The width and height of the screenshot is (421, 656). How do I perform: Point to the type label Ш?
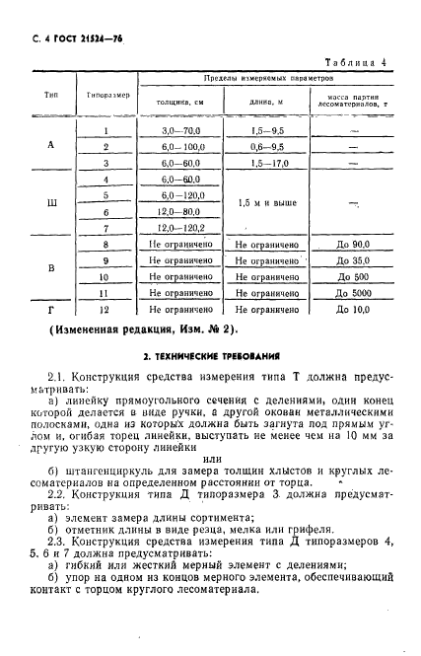point(51,203)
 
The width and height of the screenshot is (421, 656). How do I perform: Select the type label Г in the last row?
point(51,310)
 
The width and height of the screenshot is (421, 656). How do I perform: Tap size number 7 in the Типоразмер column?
point(105,228)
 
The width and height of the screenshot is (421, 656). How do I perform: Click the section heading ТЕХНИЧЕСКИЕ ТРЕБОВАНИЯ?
point(210,352)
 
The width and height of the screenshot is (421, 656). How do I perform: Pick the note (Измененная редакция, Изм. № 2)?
point(142,328)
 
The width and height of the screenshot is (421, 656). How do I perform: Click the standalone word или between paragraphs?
point(210,457)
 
